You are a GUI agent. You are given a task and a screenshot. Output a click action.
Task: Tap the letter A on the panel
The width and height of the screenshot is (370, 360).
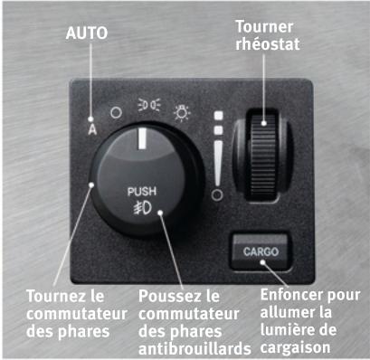click(x=92, y=127)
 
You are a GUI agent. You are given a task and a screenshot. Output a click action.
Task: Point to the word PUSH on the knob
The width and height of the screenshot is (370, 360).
click(x=141, y=192)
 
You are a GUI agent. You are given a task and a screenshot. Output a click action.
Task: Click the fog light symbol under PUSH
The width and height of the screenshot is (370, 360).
click(x=141, y=210)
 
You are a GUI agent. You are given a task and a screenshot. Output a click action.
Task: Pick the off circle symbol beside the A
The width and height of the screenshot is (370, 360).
click(x=115, y=115)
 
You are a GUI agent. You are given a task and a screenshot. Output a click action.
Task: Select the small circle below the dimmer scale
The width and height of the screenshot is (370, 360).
click(x=215, y=194)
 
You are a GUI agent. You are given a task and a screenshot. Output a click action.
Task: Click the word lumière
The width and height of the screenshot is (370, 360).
click(x=294, y=328)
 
